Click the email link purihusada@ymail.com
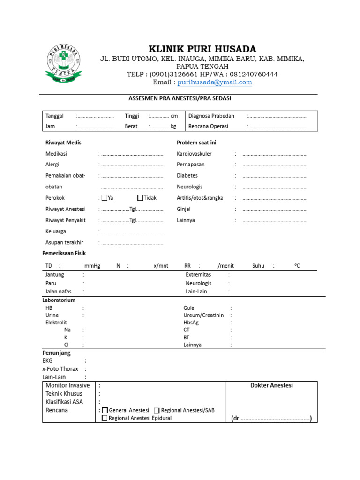pyautogui.click(x=215, y=82)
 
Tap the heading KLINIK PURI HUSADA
pyautogui.click(x=202, y=49)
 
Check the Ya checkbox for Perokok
pyautogui.click(x=105, y=198)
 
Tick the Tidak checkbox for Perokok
pyautogui.click(x=140, y=198)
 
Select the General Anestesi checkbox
pyautogui.click(x=105, y=410)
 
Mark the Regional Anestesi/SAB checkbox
pyautogui.click(x=157, y=410)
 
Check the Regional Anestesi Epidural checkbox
pyautogui.click(x=105, y=418)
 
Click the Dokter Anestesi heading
pyautogui.click(x=271, y=385)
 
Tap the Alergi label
pyautogui.click(x=52, y=165)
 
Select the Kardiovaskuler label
pyautogui.click(x=194, y=154)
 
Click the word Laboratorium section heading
pyautogui.click(x=59, y=300)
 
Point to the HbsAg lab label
pyautogui.click(x=192, y=322)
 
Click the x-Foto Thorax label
pyautogui.click(x=60, y=369)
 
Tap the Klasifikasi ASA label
pyautogui.click(x=65, y=402)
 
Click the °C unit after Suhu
pyautogui.click(x=297, y=266)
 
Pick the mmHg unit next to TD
pyautogui.click(x=92, y=266)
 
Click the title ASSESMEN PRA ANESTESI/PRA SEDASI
pyautogui.click(x=180, y=98)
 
